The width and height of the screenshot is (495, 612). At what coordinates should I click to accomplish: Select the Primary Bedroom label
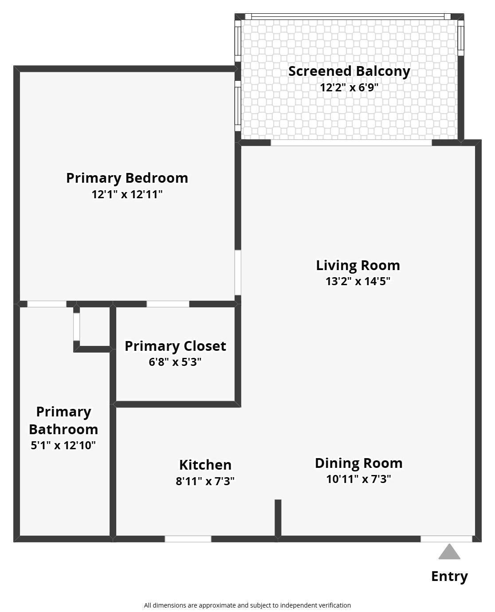(x=127, y=178)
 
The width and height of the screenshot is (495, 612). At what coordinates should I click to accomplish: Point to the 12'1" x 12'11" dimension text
(x=127, y=194)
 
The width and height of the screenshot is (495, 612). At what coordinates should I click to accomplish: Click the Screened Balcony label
(x=349, y=72)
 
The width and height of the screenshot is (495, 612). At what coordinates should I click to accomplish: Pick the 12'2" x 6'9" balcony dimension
(x=349, y=87)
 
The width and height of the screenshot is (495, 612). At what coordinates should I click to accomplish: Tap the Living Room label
(x=358, y=266)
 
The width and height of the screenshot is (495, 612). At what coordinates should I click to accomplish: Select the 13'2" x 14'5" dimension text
(x=358, y=281)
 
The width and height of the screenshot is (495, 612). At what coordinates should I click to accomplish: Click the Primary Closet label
(x=175, y=346)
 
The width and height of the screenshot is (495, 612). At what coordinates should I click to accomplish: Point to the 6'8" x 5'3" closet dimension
(x=175, y=362)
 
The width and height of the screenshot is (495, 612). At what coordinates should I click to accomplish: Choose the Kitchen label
(x=205, y=465)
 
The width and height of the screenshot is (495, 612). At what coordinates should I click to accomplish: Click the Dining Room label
(x=358, y=463)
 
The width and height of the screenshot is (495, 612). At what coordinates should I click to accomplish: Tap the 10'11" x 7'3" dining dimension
(x=358, y=479)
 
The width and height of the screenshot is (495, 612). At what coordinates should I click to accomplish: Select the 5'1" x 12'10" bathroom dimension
(x=63, y=445)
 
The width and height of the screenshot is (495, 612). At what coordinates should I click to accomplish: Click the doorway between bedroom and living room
(x=238, y=273)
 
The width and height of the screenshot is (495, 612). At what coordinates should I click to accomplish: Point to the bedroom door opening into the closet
(x=168, y=304)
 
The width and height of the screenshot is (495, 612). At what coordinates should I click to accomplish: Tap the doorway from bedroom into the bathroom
(x=47, y=304)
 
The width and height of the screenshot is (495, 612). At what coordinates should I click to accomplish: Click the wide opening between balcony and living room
(x=351, y=142)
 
